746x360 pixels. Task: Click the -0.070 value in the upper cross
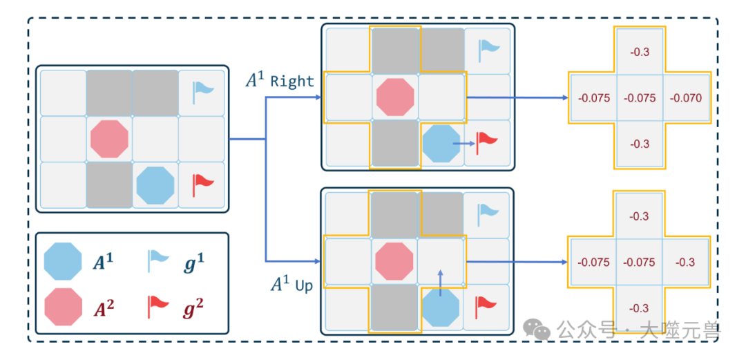click(x=685, y=98)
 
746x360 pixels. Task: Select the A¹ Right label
click(x=280, y=80)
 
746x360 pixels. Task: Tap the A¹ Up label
click(x=291, y=283)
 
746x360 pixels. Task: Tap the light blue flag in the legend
click(x=157, y=262)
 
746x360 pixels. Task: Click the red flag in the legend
click(x=158, y=305)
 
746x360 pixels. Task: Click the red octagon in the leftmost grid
click(x=109, y=138)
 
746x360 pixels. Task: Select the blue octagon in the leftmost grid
click(x=155, y=184)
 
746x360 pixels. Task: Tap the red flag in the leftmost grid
click(x=202, y=184)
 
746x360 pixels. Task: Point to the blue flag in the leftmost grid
click(x=202, y=91)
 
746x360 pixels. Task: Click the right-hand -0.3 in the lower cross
click(x=685, y=263)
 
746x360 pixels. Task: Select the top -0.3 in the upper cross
click(x=640, y=52)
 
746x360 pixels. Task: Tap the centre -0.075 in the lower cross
click(x=640, y=263)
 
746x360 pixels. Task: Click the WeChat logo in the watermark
click(x=537, y=329)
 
